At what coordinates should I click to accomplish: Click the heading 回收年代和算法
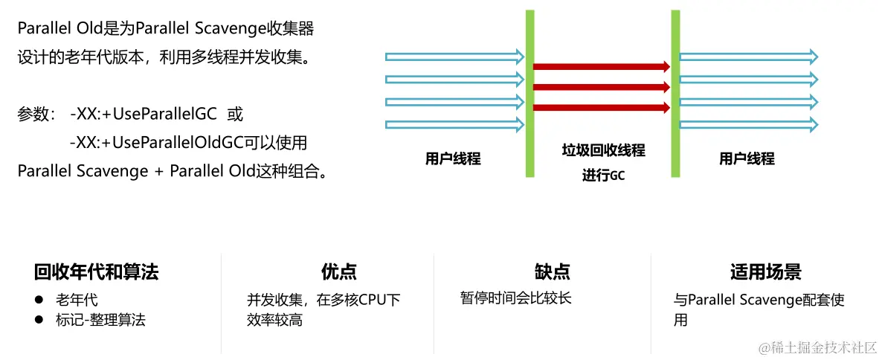pyautogui.click(x=96, y=272)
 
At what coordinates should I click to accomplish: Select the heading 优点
pyautogui.click(x=338, y=272)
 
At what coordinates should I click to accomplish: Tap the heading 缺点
pyautogui.click(x=552, y=272)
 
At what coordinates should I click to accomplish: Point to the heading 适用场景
pyautogui.click(x=765, y=272)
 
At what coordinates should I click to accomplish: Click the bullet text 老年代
pyautogui.click(x=77, y=300)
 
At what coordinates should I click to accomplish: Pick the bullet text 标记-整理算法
pyautogui.click(x=100, y=321)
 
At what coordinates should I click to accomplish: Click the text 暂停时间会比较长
pyautogui.click(x=515, y=299)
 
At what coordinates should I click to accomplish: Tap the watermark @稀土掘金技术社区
pyautogui.click(x=818, y=347)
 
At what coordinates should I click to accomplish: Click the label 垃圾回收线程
pyautogui.click(x=602, y=151)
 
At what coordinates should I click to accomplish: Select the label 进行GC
pyautogui.click(x=602, y=176)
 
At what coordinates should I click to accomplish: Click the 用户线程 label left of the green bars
pyautogui.click(x=453, y=158)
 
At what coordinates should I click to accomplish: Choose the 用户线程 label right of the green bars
pyautogui.click(x=747, y=158)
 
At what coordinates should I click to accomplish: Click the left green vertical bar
pyautogui.click(x=529, y=93)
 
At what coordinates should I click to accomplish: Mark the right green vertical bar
pyautogui.click(x=675, y=93)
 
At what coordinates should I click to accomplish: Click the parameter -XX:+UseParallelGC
pyautogui.click(x=144, y=115)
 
